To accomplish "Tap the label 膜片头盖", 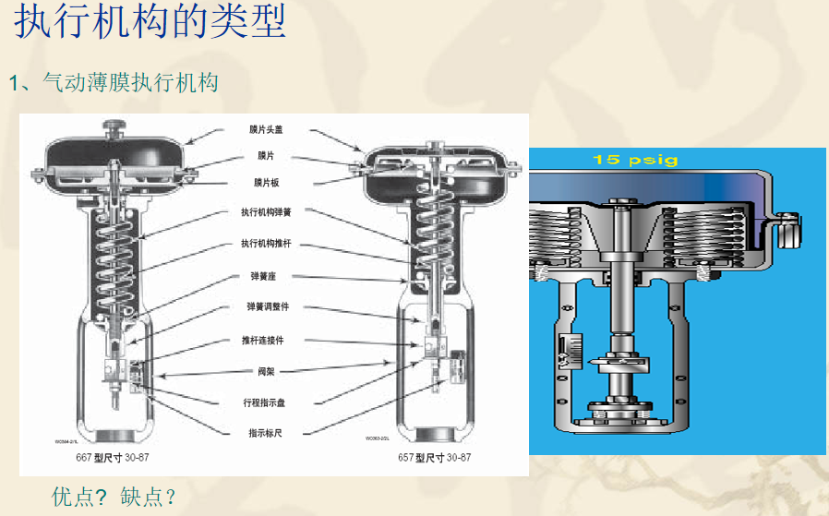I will click(266, 130).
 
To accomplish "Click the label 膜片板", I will click(266, 183).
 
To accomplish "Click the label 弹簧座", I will click(266, 275).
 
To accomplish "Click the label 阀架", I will click(266, 371).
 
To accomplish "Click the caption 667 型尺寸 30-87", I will click(112, 458).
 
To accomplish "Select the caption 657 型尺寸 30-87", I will click(434, 458).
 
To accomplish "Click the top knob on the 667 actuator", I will click(114, 126).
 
